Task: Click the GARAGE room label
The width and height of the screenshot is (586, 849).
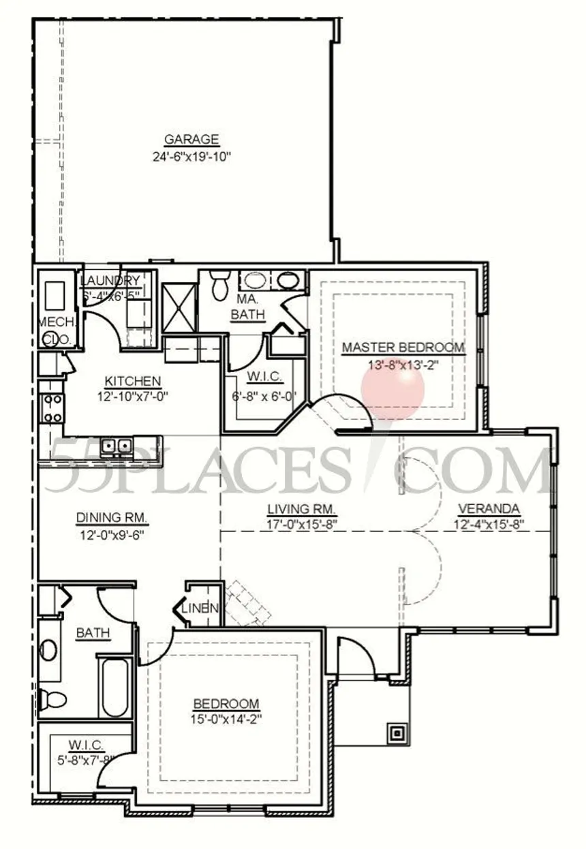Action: click(191, 140)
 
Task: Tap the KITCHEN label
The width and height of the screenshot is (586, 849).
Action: click(133, 381)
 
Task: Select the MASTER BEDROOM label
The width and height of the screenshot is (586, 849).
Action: click(403, 348)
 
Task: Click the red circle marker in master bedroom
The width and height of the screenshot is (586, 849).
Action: click(392, 389)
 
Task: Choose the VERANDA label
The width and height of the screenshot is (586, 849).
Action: click(489, 509)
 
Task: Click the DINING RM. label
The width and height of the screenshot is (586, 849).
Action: click(112, 518)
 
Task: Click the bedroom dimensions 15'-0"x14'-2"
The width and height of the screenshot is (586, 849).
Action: click(227, 719)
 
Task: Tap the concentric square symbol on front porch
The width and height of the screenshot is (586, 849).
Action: click(397, 733)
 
